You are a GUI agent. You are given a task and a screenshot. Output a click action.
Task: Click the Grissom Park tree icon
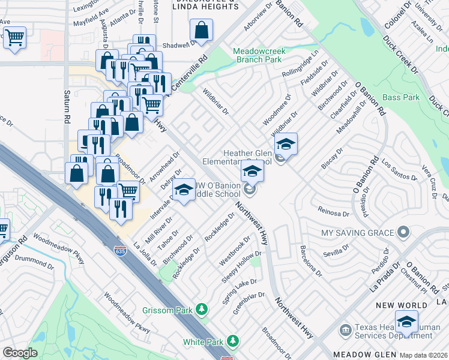(x=203, y=310)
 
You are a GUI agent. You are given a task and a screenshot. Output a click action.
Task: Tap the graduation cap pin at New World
(x=406, y=321)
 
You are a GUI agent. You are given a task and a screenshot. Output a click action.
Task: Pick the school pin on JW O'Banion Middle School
(x=184, y=190)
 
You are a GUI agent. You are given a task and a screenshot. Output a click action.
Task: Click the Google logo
(x=20, y=352)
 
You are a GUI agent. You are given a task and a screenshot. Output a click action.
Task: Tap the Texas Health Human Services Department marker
(x=345, y=329)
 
